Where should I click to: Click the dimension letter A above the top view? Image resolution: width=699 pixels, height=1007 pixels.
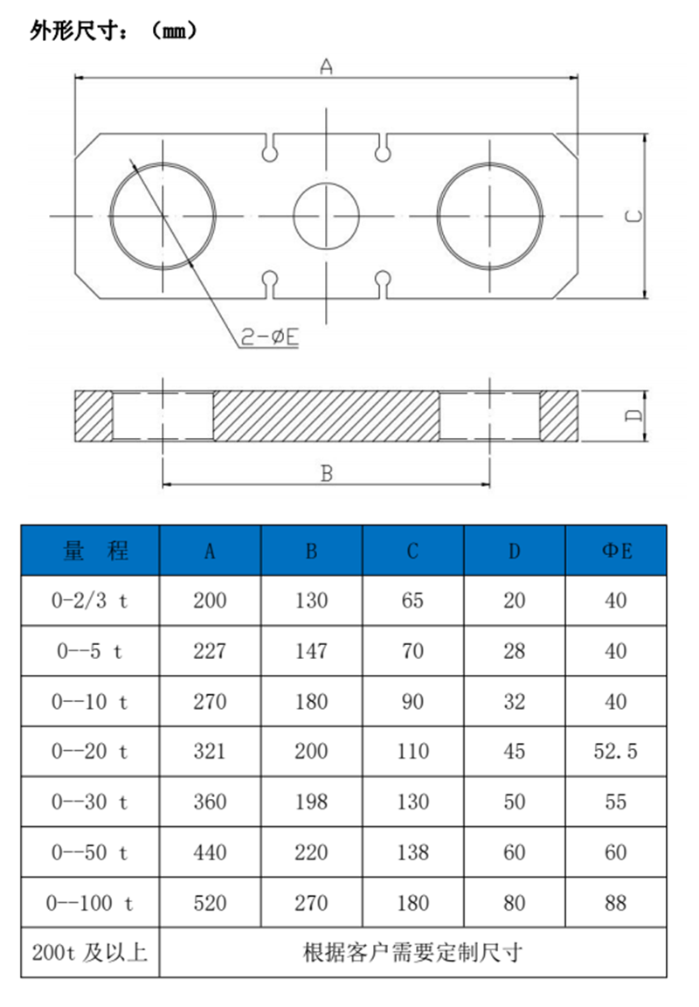[326, 66]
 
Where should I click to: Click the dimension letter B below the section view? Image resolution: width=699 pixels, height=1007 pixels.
[326, 473]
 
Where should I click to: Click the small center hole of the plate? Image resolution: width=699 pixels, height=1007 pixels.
[326, 216]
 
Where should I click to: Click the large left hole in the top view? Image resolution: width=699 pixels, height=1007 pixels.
[163, 216]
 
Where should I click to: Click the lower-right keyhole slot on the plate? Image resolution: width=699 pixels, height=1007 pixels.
[382, 281]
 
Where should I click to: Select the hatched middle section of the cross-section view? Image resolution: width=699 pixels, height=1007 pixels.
[326, 415]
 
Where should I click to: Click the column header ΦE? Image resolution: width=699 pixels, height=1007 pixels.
[616, 551]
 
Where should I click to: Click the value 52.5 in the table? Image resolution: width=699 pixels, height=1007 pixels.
[616, 751]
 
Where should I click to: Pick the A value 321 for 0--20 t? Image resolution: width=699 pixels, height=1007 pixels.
[210, 751]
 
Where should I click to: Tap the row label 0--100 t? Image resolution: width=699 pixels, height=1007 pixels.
[90, 902]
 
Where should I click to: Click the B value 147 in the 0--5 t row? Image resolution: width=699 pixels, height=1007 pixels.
[311, 650]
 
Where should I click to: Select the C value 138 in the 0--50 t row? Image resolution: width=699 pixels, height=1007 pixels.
[412, 852]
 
